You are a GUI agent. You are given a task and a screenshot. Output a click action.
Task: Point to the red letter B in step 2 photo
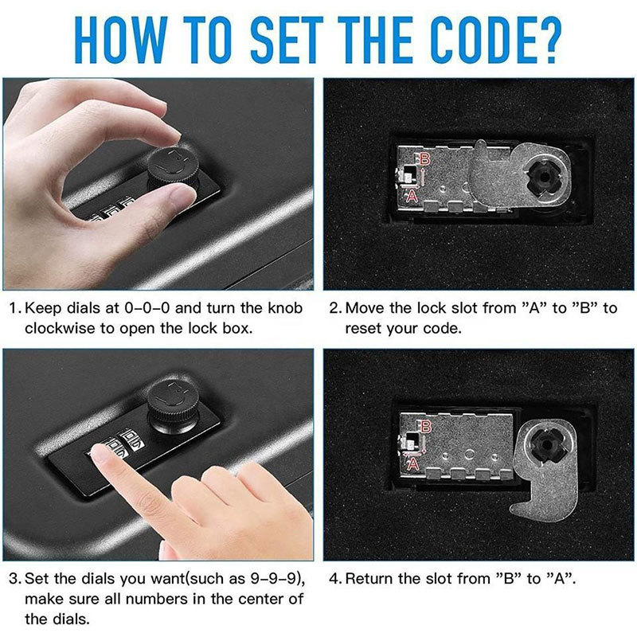424,159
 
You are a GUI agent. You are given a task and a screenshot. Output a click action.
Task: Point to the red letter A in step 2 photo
412,194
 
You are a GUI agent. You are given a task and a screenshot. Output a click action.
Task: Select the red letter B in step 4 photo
424,428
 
